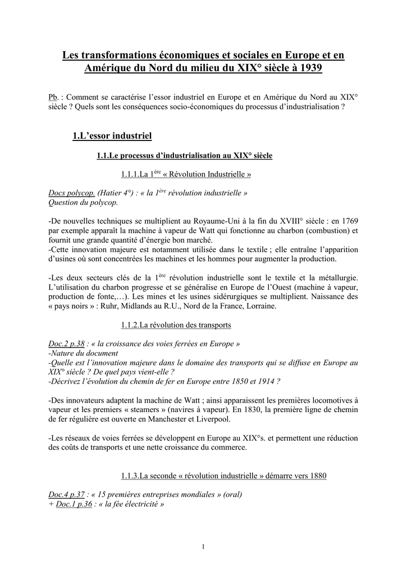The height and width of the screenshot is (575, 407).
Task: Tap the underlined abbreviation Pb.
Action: coord(53,97)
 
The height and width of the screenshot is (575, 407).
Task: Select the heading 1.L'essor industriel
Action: coord(112,136)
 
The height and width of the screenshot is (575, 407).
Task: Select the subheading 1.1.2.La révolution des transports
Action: coord(176,325)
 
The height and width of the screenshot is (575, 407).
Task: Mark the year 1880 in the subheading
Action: coord(317,476)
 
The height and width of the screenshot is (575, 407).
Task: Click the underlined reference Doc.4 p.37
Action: coord(66,495)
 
